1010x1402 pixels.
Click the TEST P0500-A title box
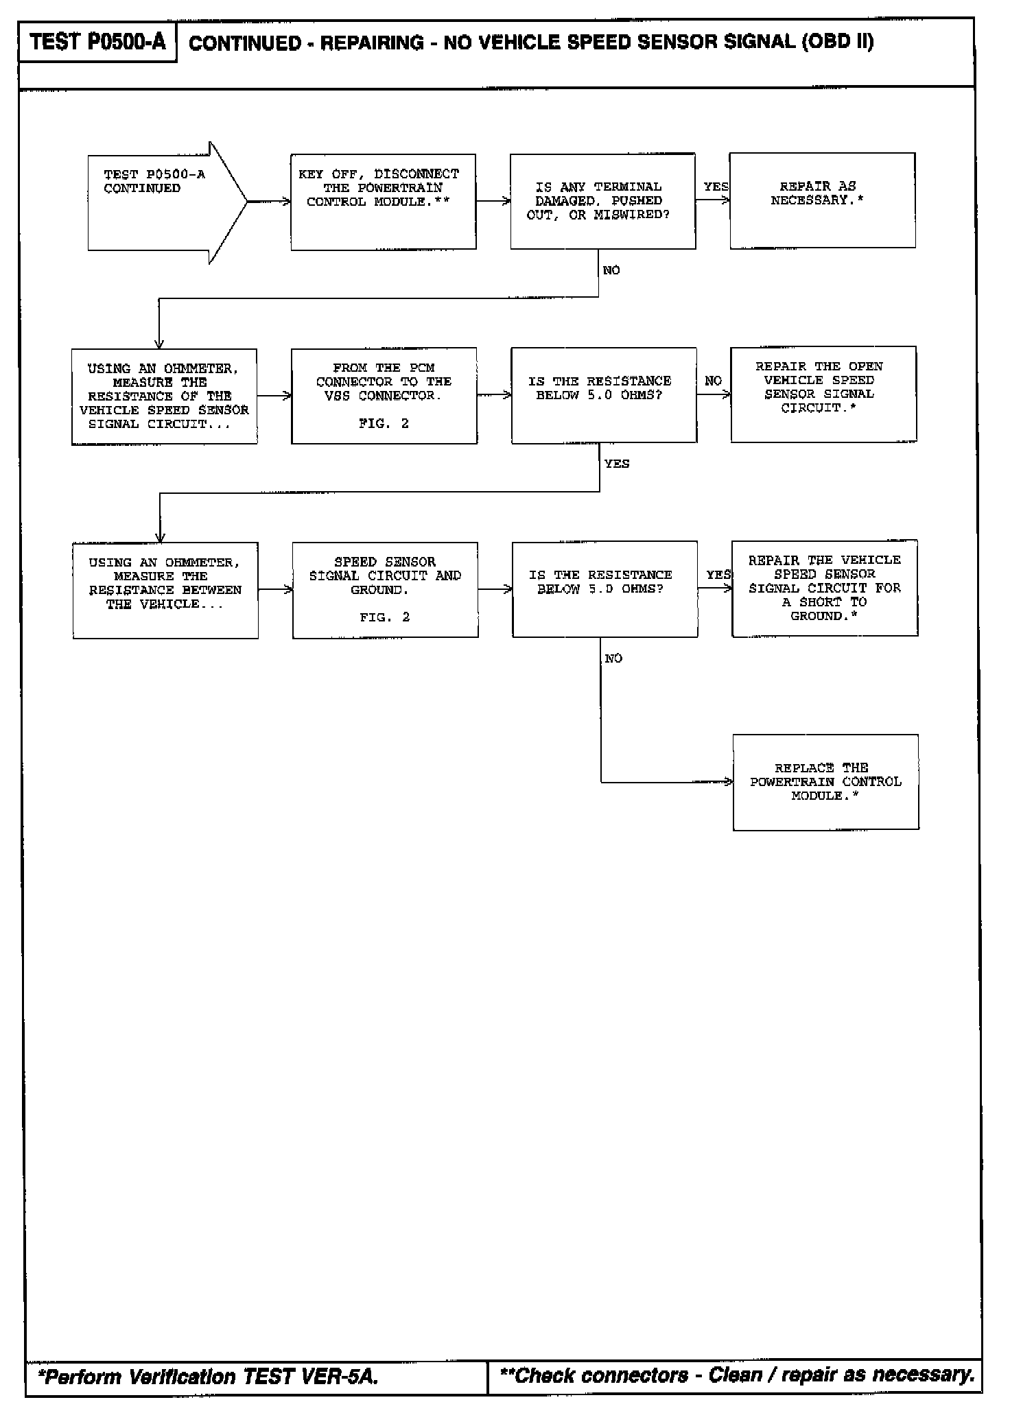click(97, 43)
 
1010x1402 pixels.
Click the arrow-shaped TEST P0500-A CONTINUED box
click(158, 202)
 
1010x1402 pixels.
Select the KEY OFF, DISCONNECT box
click(383, 202)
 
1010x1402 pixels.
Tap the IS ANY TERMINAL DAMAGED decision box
click(602, 201)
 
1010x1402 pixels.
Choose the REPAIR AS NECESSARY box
click(822, 200)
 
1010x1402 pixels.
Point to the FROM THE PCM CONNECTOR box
click(384, 396)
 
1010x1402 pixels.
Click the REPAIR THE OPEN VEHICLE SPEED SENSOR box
click(823, 394)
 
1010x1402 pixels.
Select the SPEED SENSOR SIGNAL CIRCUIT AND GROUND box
click(385, 590)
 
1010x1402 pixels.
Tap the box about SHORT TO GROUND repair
click(824, 589)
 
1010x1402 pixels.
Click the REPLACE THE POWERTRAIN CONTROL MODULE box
click(825, 783)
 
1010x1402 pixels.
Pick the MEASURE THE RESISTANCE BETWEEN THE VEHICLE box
click(165, 591)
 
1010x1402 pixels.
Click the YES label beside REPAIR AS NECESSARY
click(716, 187)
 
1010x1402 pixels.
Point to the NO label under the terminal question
click(611, 270)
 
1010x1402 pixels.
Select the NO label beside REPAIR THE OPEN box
click(714, 381)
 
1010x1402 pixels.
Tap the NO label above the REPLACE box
click(613, 658)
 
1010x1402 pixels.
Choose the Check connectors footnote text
click(738, 1375)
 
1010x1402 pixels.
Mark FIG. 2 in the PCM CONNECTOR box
click(384, 424)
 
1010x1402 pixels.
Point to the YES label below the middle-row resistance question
click(616, 464)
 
